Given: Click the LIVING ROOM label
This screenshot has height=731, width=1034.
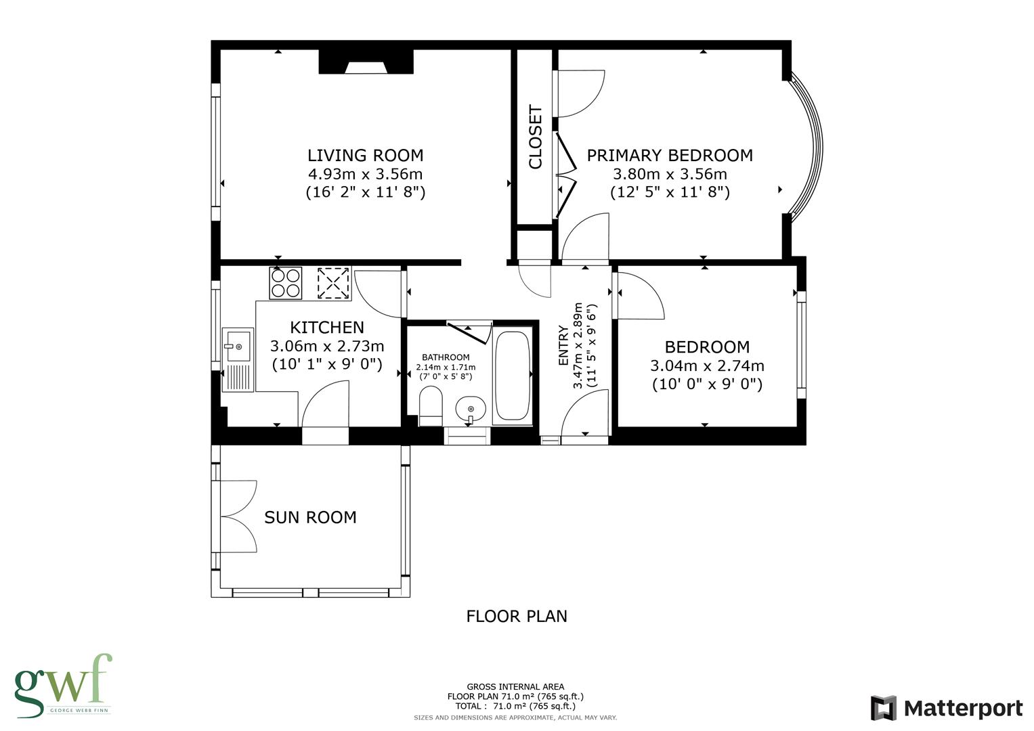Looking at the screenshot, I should click(x=365, y=156).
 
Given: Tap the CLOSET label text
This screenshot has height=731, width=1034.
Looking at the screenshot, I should click(x=536, y=137).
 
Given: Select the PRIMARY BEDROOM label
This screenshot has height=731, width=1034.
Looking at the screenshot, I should click(x=669, y=156).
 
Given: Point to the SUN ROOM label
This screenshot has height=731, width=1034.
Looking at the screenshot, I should click(x=310, y=517).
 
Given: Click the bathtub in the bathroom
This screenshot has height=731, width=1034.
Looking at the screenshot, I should click(x=513, y=376).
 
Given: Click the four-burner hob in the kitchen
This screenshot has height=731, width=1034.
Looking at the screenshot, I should click(x=285, y=283).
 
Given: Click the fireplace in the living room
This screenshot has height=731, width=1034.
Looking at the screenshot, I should click(x=366, y=63).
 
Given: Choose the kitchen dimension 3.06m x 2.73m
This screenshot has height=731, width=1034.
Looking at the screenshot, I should click(x=327, y=347).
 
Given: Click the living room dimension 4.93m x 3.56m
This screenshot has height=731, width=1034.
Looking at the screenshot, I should click(x=365, y=174).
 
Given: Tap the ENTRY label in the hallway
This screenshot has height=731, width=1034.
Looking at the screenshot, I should click(x=563, y=346).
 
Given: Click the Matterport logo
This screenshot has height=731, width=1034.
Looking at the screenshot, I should click(x=946, y=708).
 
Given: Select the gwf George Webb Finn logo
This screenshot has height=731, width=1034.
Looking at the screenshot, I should click(x=62, y=685).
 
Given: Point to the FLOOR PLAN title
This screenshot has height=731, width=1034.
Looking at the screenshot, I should click(x=516, y=616).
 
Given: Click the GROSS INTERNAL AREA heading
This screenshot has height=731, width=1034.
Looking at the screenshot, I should click(x=515, y=686).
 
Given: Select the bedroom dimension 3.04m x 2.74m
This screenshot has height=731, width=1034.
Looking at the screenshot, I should click(x=707, y=366).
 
